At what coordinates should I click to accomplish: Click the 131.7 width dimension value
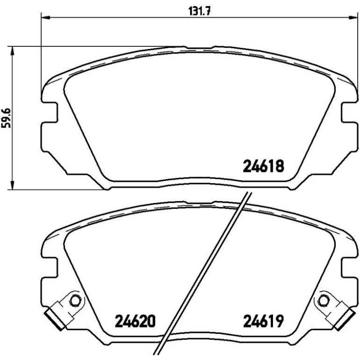click(199, 11)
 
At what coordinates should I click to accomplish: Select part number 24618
click(263, 166)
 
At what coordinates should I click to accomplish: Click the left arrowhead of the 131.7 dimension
click(45, 17)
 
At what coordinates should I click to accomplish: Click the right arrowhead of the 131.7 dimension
click(353, 17)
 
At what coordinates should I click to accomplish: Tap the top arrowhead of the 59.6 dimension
click(13, 51)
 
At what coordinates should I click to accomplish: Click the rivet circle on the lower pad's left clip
click(75, 300)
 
